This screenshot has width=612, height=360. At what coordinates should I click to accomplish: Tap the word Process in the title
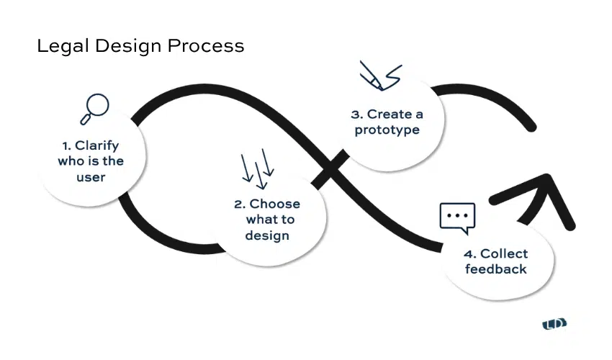pyautogui.click(x=206, y=45)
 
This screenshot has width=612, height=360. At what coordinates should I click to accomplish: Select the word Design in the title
pyautogui.click(x=128, y=47)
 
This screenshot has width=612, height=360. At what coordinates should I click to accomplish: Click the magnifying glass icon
pyautogui.click(x=94, y=109)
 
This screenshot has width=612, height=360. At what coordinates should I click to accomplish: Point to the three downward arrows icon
pyautogui.click(x=257, y=168)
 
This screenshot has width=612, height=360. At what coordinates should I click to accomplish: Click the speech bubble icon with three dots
pyautogui.click(x=457, y=218)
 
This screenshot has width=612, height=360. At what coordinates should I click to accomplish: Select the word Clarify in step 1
pyautogui.click(x=96, y=146)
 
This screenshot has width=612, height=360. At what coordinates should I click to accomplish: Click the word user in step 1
pyautogui.click(x=91, y=178)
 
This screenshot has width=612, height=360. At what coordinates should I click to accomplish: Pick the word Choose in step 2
pyautogui.click(x=275, y=204)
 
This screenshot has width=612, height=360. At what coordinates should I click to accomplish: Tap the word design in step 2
pyautogui.click(x=267, y=236)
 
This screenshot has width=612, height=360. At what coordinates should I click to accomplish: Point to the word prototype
pyautogui.click(x=387, y=130)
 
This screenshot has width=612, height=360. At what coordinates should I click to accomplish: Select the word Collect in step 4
pyautogui.click(x=504, y=253)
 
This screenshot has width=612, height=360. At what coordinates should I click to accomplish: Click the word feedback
pyautogui.click(x=495, y=269)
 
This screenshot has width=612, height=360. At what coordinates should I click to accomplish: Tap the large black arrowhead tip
pyautogui.click(x=548, y=176)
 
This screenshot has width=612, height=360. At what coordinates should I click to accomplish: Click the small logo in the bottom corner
pyautogui.click(x=554, y=324)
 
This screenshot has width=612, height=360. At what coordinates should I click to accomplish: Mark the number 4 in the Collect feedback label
pyautogui.click(x=468, y=254)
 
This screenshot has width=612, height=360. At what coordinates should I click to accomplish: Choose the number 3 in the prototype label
pyautogui.click(x=356, y=114)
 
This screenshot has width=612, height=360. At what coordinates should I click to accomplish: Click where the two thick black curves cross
pyautogui.click(x=330, y=168)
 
